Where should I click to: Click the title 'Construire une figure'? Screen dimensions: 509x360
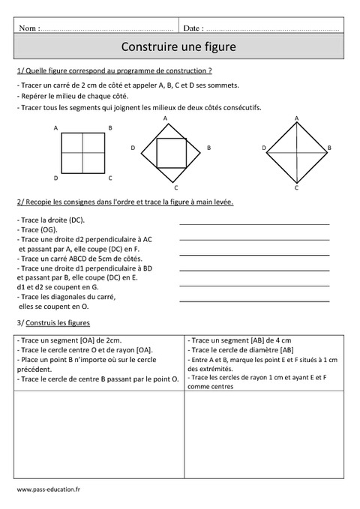click(178, 46)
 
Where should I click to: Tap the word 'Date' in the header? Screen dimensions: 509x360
click(192, 28)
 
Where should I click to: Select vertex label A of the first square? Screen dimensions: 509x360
click(56, 128)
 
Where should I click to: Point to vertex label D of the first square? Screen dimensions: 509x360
click(55, 178)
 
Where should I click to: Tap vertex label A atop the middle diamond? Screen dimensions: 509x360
click(165, 118)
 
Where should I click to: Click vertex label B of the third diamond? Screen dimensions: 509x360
click(328, 148)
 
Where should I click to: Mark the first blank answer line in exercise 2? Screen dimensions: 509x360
click(254, 223)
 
